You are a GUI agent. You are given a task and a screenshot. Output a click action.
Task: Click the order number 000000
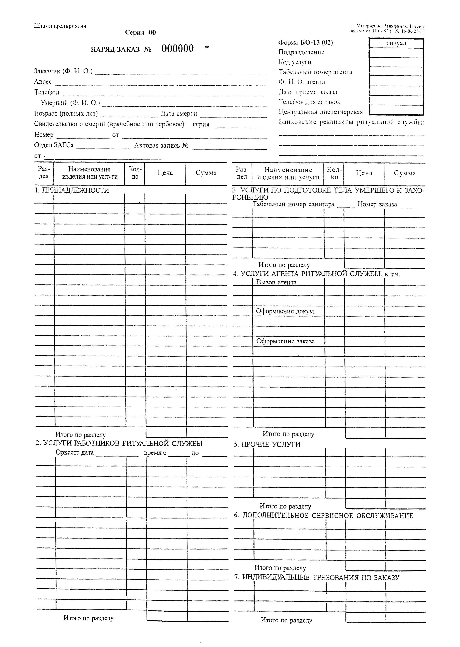click(x=178, y=49)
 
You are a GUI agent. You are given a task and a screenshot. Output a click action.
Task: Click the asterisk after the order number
click(x=207, y=47)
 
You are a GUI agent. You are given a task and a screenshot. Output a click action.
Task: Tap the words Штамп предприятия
click(x=60, y=26)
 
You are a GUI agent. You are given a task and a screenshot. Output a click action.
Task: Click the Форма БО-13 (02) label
click(x=306, y=42)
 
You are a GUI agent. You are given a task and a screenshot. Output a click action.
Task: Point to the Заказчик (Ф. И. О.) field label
click(x=63, y=71)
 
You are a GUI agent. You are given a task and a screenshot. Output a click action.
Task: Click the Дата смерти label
click(x=179, y=114)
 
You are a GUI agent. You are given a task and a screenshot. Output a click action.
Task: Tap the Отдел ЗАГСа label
click(x=54, y=145)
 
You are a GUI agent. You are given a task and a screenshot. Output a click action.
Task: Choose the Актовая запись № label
click(x=161, y=146)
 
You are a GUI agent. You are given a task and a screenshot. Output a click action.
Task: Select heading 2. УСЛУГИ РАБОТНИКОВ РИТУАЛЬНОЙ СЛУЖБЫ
click(x=119, y=443)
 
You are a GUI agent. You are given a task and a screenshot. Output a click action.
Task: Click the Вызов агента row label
click(x=276, y=282)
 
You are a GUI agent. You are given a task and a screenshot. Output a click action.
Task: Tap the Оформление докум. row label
click(x=285, y=311)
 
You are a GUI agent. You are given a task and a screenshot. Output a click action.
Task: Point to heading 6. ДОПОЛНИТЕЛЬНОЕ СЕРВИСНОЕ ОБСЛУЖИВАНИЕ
click(x=323, y=515)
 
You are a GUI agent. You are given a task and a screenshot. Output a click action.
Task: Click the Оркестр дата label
click(x=74, y=452)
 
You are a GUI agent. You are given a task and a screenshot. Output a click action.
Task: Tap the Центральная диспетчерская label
click(x=320, y=112)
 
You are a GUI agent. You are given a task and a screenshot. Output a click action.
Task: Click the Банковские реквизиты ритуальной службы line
click(x=351, y=122)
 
